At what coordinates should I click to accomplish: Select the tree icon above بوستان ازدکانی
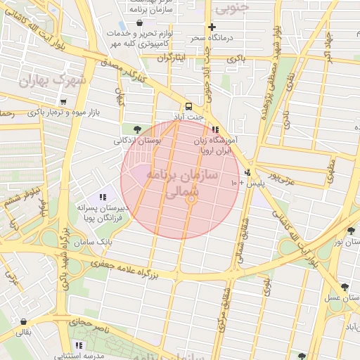[136, 129]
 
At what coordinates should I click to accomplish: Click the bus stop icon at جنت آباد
[188, 103]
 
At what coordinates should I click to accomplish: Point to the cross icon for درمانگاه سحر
[212, 26]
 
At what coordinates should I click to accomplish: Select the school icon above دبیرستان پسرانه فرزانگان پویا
[103, 198]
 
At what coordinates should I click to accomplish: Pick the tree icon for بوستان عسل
[345, 287]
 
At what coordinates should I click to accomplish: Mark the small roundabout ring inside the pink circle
[190, 200]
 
